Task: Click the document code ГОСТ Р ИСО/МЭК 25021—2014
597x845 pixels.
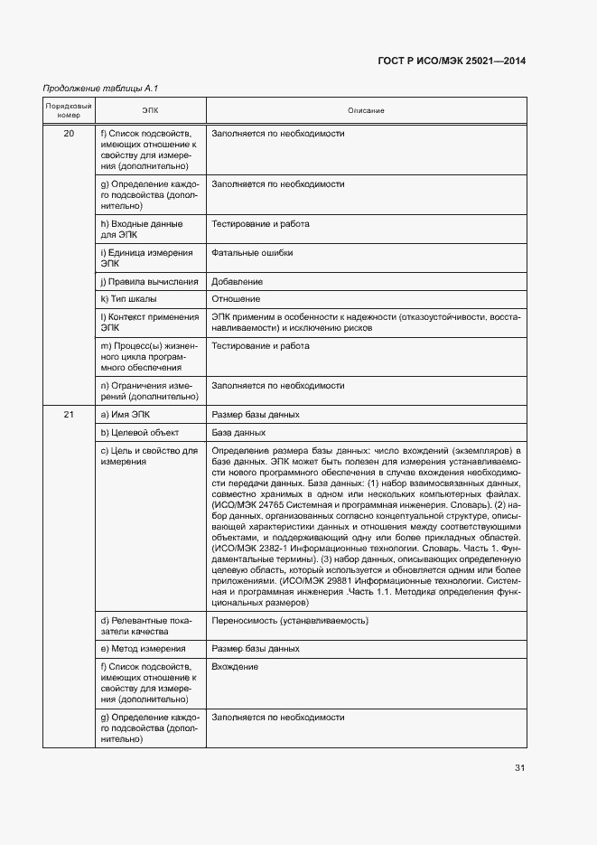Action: (451, 61)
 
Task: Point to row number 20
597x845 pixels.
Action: (69, 134)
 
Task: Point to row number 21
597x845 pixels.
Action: (69, 414)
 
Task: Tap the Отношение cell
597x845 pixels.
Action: (236, 299)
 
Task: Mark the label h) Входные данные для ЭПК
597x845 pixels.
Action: (142, 230)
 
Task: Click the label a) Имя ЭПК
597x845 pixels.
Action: (126, 414)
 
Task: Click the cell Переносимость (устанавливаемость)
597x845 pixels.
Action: (289, 621)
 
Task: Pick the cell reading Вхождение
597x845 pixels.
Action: (235, 667)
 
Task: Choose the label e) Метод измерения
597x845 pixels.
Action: (143, 648)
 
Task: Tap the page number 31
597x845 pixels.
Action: (519, 768)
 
